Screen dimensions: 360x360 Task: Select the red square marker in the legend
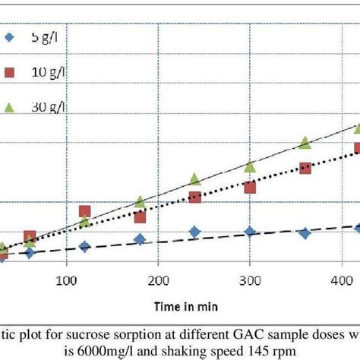(x=10, y=72)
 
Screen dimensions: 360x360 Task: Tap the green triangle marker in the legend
(x=10, y=106)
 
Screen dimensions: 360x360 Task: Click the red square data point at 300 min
(x=250, y=188)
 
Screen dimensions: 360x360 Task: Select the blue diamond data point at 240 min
(x=194, y=232)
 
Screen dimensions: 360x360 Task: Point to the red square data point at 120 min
(x=84, y=212)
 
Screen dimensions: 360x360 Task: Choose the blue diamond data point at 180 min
(x=140, y=239)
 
